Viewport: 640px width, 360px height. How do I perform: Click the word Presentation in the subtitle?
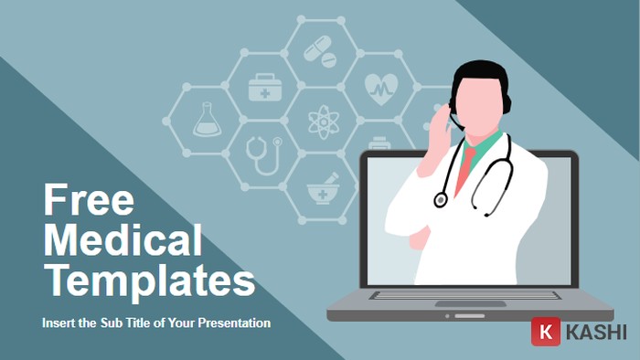pos(229,323)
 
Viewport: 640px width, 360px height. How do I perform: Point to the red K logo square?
pos(546,332)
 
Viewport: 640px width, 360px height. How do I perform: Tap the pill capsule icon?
pos(320,49)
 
